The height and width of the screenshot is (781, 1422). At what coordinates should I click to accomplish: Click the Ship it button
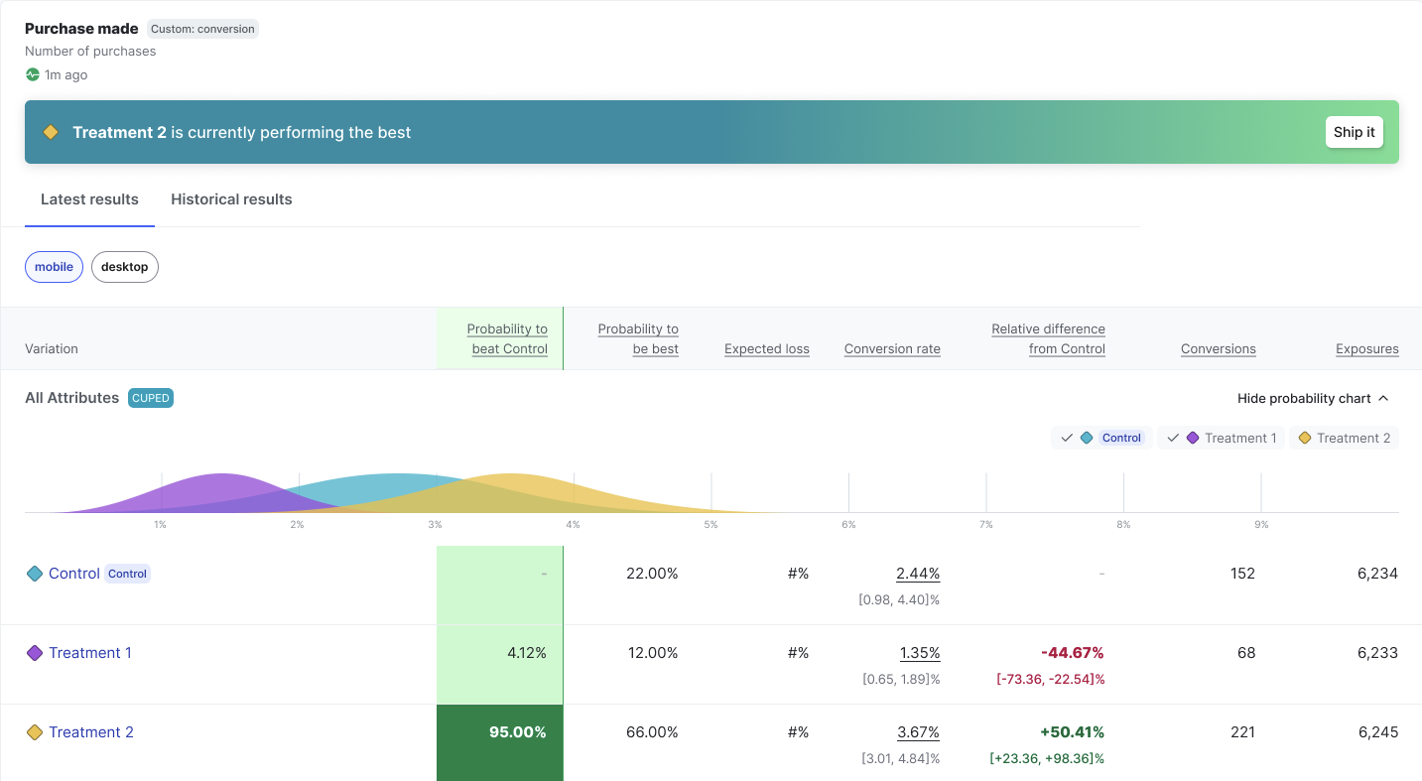point(1354,132)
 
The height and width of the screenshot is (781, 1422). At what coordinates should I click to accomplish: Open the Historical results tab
point(231,199)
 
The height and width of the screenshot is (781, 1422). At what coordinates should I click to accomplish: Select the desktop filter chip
point(124,267)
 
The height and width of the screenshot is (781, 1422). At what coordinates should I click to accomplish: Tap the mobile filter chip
point(54,267)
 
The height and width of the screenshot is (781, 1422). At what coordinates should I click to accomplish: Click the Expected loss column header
point(766,349)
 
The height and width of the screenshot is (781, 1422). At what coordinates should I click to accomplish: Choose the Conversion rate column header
point(892,349)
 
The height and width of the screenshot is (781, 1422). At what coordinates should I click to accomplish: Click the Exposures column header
point(1366,349)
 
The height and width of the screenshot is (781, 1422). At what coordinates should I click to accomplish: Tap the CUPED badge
point(151,398)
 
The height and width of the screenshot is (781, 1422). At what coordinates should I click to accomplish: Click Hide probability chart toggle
point(1312,398)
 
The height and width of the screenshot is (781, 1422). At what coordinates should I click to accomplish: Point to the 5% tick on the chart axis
point(711,524)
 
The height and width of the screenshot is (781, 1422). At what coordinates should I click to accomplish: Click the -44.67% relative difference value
point(1072,653)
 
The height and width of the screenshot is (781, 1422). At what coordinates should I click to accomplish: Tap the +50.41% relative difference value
point(1072,732)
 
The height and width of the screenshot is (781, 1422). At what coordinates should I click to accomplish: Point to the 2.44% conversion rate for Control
point(917,574)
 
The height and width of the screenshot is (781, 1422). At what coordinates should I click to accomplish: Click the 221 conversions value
point(1241,732)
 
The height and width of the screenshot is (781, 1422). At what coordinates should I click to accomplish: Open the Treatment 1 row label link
point(90,653)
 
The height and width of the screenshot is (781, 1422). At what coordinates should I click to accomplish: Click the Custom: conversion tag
point(202,29)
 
